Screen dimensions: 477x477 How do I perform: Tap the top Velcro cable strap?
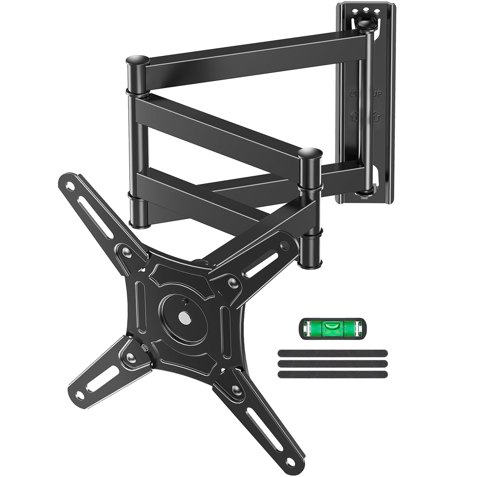[x=333, y=352]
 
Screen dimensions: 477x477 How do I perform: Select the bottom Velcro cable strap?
[x=333, y=374]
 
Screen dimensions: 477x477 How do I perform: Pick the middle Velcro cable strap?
[x=333, y=363]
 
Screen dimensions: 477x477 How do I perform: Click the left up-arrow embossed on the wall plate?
[x=353, y=116]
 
